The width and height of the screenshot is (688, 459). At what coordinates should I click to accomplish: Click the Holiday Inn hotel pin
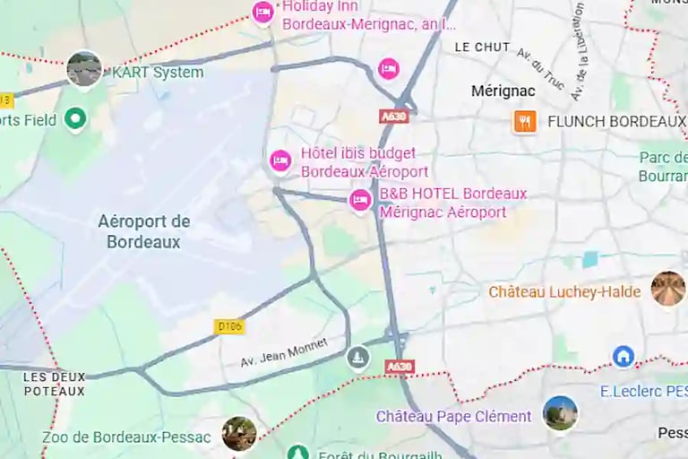point(262,13)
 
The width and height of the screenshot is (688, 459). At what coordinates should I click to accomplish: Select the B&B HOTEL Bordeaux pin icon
point(361,200)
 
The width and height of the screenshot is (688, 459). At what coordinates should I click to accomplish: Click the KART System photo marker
point(84,69)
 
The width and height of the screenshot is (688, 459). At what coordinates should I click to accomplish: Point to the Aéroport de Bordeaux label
point(143,231)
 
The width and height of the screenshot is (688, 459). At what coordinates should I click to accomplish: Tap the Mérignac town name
point(503,91)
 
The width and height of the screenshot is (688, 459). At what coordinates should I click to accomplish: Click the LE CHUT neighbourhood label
point(482,47)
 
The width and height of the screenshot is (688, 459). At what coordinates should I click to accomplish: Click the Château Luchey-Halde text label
point(564,292)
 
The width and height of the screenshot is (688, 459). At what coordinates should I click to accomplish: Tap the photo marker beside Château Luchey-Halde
point(667,289)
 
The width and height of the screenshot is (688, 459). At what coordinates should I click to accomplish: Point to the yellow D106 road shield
point(230,327)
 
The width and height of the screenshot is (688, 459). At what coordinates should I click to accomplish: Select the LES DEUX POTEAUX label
point(55,384)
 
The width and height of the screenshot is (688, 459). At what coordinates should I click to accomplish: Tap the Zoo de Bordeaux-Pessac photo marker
point(239,434)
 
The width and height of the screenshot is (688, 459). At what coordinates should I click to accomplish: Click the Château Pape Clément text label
point(453,417)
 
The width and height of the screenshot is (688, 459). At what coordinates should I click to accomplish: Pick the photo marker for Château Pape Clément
point(560,413)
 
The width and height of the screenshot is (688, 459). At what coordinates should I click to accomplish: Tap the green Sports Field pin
point(76,118)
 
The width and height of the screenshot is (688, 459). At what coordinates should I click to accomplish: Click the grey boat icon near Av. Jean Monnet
point(358,358)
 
